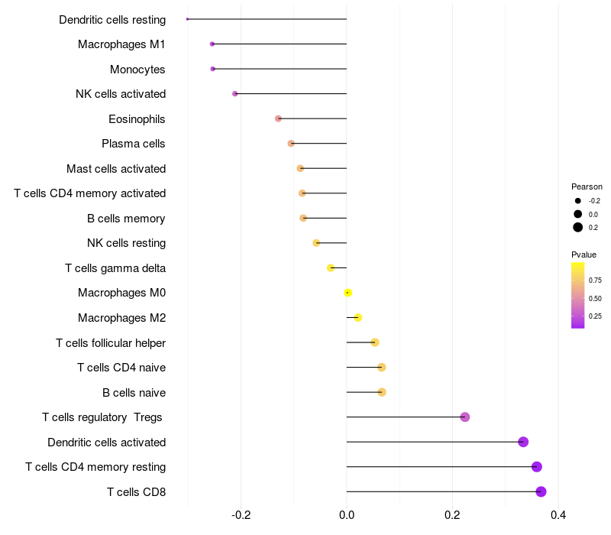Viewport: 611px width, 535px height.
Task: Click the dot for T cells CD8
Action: tap(541, 491)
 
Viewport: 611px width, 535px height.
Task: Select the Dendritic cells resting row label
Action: tap(112, 19)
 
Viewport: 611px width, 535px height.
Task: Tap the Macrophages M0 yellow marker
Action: tap(348, 293)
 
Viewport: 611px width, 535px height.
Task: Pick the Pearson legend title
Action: tap(587, 186)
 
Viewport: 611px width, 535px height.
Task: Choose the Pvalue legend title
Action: tap(584, 255)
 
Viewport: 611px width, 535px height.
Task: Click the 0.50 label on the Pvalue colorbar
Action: tap(595, 298)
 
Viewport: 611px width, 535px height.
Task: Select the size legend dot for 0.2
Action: tap(578, 227)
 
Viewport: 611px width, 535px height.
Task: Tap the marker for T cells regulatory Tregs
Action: tap(465, 417)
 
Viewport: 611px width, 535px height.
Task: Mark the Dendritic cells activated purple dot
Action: tap(523, 442)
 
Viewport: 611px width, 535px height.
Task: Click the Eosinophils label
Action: tap(137, 119)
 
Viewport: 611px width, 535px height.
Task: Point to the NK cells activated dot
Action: tap(235, 94)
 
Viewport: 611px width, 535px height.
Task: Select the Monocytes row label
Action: tap(137, 70)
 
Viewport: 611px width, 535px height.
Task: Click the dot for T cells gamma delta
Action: tap(331, 267)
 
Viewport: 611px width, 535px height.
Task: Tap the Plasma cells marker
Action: tap(291, 144)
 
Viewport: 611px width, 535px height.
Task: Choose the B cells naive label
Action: tap(134, 393)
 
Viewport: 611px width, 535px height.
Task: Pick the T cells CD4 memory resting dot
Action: tap(536, 467)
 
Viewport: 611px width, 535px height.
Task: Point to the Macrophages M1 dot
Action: tap(212, 44)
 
